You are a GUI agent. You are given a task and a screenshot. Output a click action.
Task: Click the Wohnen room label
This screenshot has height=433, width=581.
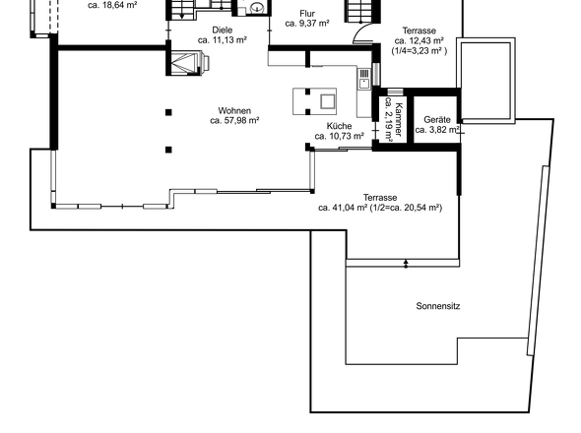pos(234,111)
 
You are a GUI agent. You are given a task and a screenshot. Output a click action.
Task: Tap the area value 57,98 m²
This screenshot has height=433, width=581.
pos(240,121)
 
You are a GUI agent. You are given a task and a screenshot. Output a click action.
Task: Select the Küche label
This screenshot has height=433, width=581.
pos(339,126)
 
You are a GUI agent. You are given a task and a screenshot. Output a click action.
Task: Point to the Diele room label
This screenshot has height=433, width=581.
pos(223,30)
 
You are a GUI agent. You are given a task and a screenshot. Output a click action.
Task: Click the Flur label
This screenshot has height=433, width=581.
pos(307,14)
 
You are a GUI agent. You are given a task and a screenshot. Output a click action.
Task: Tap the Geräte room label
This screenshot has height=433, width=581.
pos(437,120)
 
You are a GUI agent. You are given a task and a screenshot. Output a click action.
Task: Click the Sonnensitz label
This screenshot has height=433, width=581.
pos(438,306)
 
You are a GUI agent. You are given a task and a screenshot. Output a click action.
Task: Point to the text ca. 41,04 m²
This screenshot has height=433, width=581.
pos(343,208)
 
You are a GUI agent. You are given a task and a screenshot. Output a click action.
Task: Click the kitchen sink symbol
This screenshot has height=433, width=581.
pos(364,79)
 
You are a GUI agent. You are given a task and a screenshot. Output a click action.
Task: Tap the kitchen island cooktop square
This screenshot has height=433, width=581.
pos(328,101)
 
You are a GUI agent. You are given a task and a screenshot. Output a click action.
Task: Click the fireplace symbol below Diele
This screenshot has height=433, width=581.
pos(188,62)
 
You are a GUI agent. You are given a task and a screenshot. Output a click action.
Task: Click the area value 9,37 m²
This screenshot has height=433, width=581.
pos(314,24)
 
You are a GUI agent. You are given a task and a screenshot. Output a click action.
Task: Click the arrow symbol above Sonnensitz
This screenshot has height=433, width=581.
pos(406,264)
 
